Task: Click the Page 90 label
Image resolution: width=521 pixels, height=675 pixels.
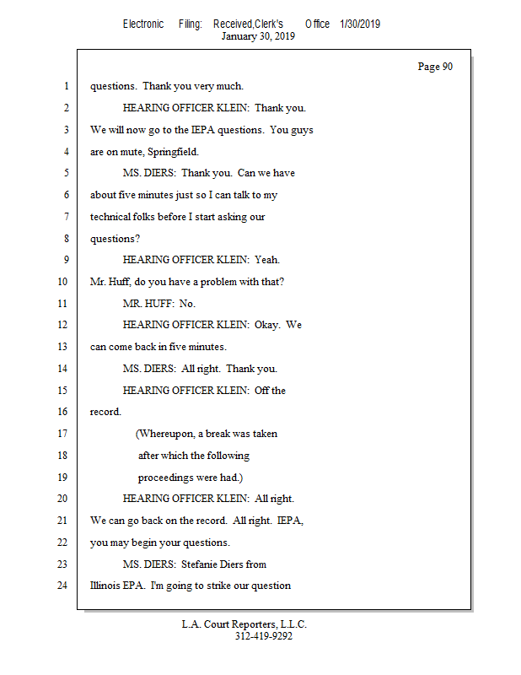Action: point(435,67)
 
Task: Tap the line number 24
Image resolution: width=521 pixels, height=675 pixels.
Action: point(62,586)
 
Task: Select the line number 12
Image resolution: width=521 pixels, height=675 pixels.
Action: point(62,325)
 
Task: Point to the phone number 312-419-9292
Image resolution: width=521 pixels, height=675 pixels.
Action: point(263,637)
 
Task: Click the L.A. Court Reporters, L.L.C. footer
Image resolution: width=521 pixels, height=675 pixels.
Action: point(244,624)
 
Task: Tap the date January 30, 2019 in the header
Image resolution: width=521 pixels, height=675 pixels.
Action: point(258,36)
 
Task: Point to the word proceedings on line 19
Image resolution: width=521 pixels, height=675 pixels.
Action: point(167,477)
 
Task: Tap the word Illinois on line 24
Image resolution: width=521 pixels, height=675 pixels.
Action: point(106,586)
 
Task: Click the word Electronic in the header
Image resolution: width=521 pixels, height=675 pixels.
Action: point(143,24)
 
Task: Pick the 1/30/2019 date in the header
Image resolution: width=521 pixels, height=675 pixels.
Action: point(360,24)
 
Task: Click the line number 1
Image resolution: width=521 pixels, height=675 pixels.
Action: point(64,86)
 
